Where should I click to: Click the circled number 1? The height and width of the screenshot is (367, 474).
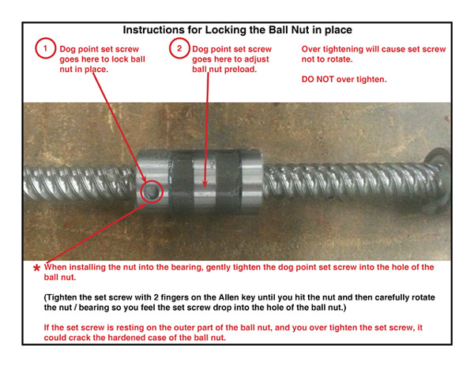tap(45, 48)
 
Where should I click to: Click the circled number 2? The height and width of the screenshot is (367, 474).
tap(179, 48)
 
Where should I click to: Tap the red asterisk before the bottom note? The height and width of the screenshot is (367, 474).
tap(36, 268)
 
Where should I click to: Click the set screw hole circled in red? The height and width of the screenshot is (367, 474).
tap(151, 191)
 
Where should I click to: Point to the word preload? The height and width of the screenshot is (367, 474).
tap(241, 70)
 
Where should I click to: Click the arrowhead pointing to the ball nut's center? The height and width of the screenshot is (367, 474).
tap(205, 184)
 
